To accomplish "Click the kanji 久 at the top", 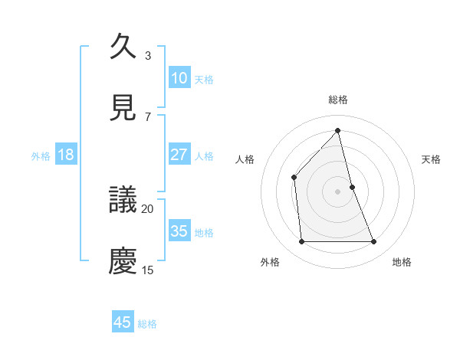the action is [123, 47].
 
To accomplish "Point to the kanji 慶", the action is [123, 260].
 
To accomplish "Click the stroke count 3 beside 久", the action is [147, 55].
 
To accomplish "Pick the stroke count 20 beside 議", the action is [147, 208].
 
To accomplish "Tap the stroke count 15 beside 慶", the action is [147, 270].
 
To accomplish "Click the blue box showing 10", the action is [179, 78].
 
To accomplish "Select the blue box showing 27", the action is [179, 155].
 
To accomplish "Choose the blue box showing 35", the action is [179, 231].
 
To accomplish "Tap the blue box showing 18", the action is [66, 155].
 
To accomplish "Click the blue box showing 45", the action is [123, 322].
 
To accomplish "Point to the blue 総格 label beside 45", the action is [147, 324].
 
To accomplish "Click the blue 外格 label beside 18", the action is [41, 156].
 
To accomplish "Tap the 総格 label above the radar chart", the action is [338, 100].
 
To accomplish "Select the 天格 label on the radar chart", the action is [432, 159].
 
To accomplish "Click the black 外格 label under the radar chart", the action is [270, 262].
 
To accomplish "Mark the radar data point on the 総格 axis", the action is [338, 130].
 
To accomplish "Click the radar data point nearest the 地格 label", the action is [374, 242].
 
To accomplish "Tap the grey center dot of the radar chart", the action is [338, 191].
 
